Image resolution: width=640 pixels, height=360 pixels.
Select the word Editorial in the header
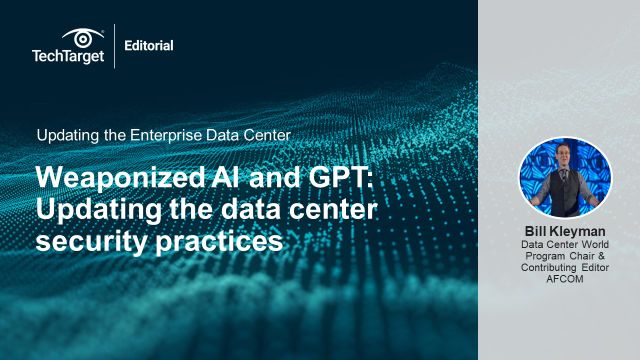(x=149, y=45)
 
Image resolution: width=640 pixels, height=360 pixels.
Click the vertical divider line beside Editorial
(x=115, y=46)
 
